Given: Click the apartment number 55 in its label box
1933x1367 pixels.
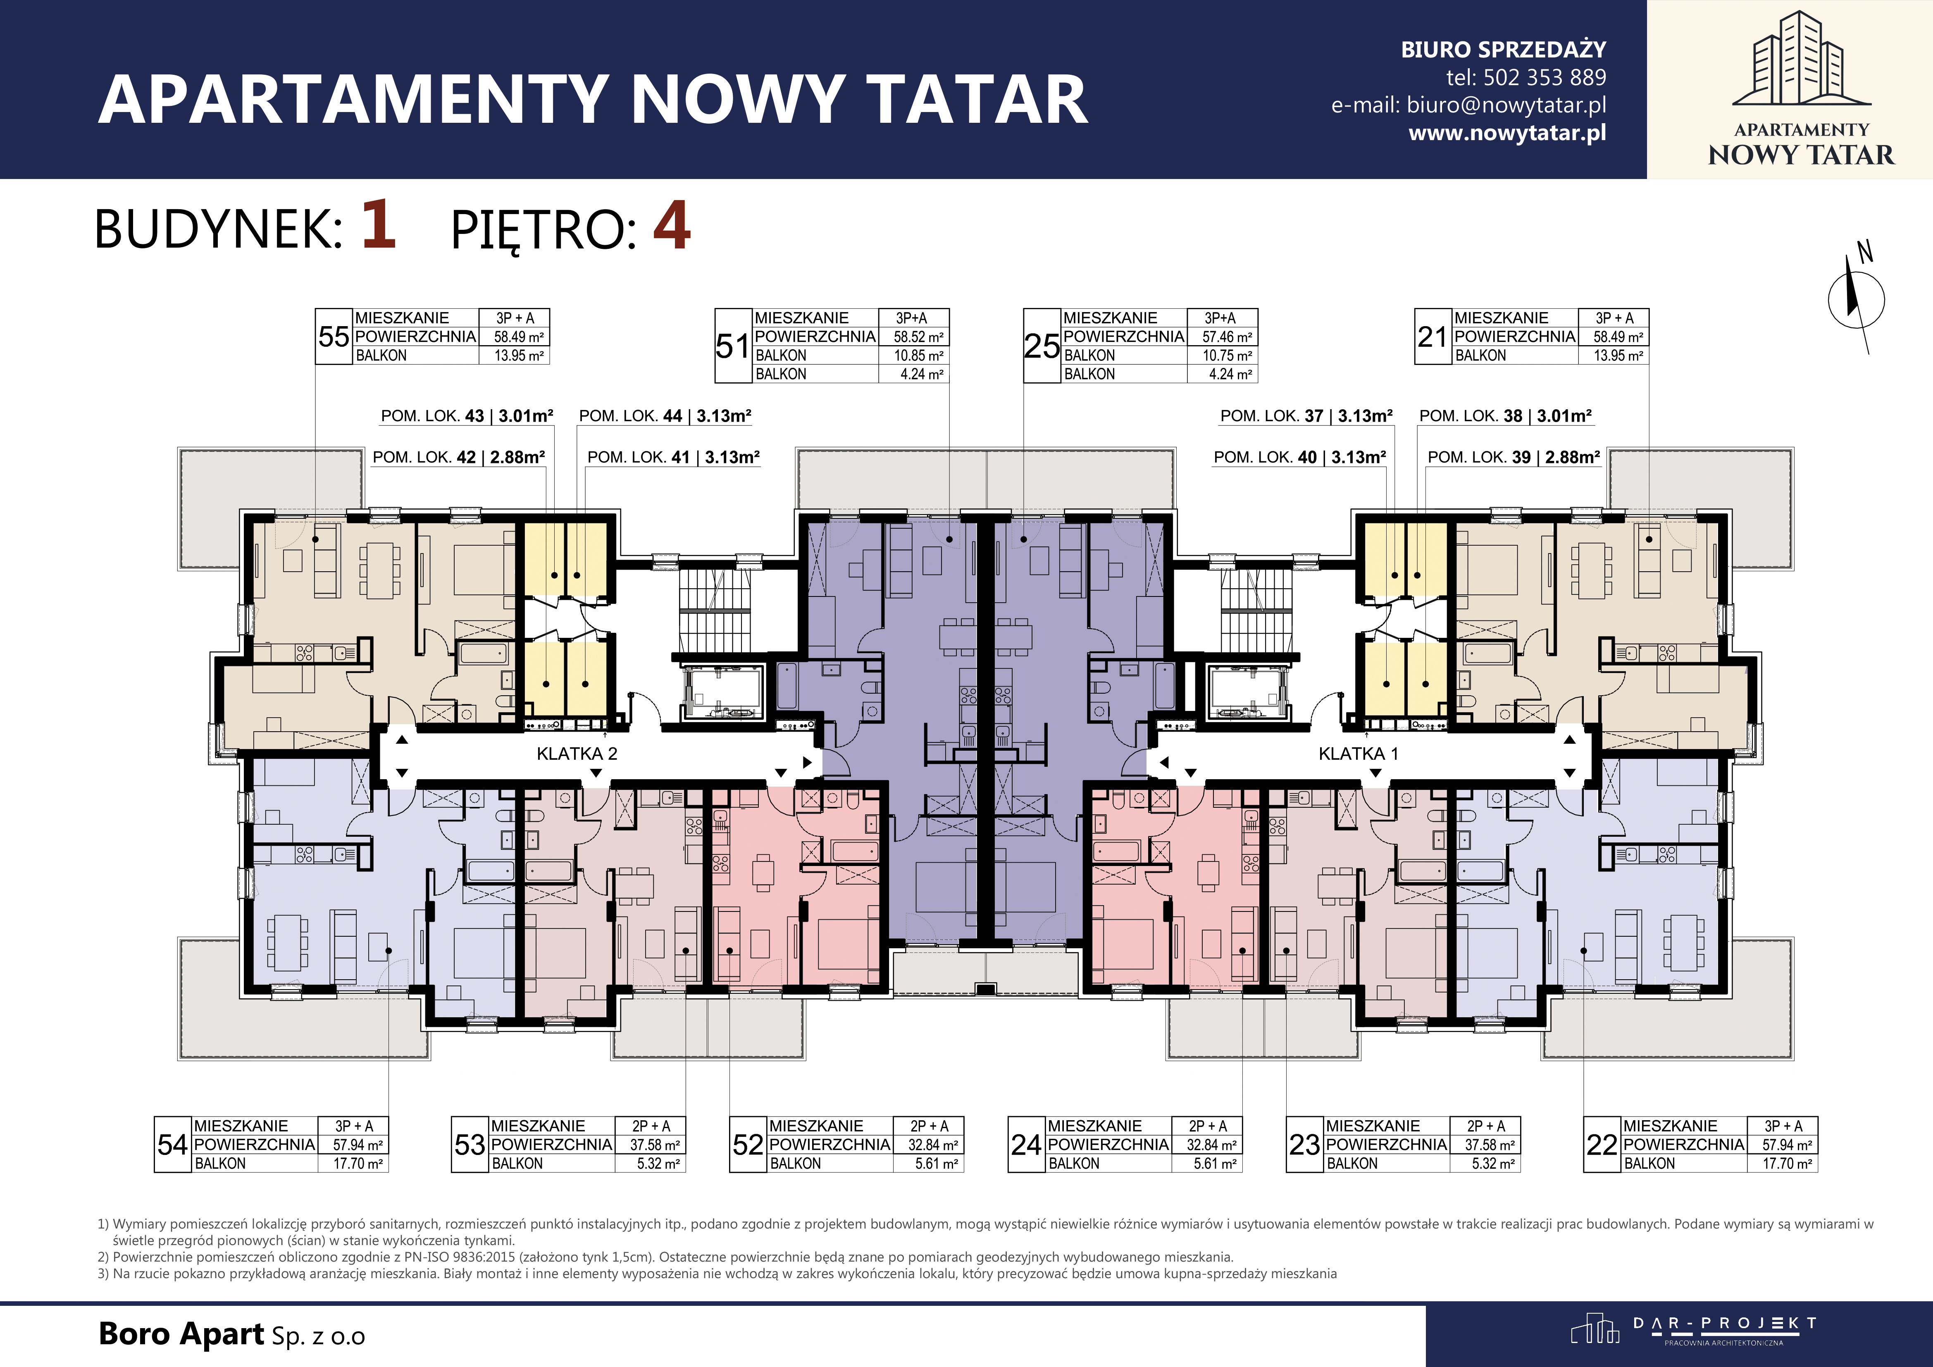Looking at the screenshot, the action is (x=334, y=337).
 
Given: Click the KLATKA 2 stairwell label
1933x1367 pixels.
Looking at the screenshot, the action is (x=577, y=754).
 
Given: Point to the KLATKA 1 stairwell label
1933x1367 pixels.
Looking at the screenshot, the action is (x=1358, y=754).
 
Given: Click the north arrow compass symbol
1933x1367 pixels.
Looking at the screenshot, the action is (x=1856, y=299).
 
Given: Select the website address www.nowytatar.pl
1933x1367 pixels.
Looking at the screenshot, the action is (x=1507, y=133).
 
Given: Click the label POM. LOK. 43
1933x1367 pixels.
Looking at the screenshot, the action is (x=433, y=416).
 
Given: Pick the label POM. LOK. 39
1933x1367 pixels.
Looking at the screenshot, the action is (x=1479, y=457).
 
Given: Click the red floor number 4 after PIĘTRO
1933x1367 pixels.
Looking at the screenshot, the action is (x=672, y=226).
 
